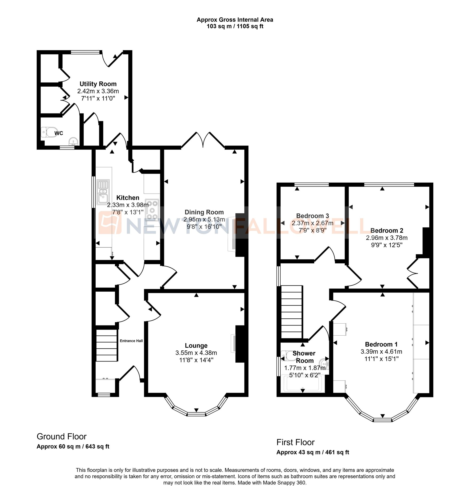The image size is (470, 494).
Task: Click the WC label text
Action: click(x=59, y=133)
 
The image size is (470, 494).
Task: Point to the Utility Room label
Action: click(x=98, y=84)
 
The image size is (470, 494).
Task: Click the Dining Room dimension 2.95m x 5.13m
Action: click(x=204, y=220)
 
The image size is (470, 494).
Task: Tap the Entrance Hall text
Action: click(x=131, y=341)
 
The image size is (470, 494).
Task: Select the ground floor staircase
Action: click(x=107, y=345)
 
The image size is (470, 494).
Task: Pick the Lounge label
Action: click(x=196, y=346)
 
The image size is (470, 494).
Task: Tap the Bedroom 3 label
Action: click(x=312, y=216)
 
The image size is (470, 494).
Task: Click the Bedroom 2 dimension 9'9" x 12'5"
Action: click(x=387, y=245)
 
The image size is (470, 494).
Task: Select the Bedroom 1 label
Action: click(x=381, y=344)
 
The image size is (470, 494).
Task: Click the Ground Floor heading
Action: click(x=62, y=437)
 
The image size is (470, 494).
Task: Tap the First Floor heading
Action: click(x=295, y=442)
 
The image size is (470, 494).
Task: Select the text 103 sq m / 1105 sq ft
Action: click(x=235, y=26)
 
